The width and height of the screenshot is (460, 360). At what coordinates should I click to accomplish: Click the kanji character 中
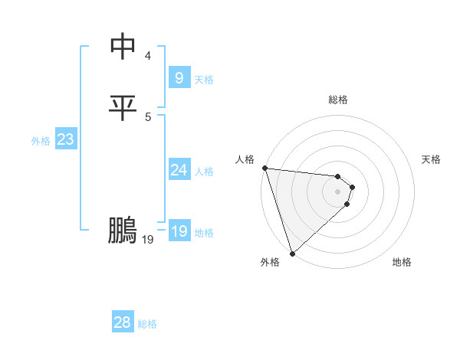pos(123,47)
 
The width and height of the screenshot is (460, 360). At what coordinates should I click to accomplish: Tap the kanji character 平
pos(123,108)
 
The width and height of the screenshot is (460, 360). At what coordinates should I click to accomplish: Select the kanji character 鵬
pos(123,231)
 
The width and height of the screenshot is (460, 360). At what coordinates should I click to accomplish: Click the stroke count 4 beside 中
pos(148,55)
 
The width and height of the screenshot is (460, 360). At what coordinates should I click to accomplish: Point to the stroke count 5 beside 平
pos(148,116)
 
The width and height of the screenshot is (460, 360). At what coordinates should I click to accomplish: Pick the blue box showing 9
pos(179,77)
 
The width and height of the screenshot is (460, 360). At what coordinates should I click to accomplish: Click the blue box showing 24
pos(179,170)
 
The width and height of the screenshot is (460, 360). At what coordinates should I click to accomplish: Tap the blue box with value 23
pos(65,139)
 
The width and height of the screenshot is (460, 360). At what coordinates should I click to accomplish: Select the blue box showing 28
pos(123,322)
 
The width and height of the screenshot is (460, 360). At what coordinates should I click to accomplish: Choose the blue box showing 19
pos(179,231)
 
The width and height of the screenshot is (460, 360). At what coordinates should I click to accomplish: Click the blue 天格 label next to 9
pos(204,79)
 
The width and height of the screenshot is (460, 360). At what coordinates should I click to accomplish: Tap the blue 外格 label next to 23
pos(41,141)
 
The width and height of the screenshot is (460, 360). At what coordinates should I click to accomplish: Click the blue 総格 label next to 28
pos(147,324)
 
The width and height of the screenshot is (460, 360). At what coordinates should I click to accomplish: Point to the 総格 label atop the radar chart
pos(338,100)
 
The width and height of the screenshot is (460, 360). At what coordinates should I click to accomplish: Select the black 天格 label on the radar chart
pos(432,159)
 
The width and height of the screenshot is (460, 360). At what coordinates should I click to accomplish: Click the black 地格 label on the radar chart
pos(402,262)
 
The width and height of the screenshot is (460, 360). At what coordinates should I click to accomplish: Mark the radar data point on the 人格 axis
pos(264,168)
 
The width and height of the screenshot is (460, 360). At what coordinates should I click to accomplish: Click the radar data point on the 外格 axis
pos(292,253)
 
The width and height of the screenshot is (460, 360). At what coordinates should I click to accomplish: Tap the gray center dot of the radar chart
pos(338,191)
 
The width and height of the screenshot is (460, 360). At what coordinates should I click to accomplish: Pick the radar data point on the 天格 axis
pos(353,186)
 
